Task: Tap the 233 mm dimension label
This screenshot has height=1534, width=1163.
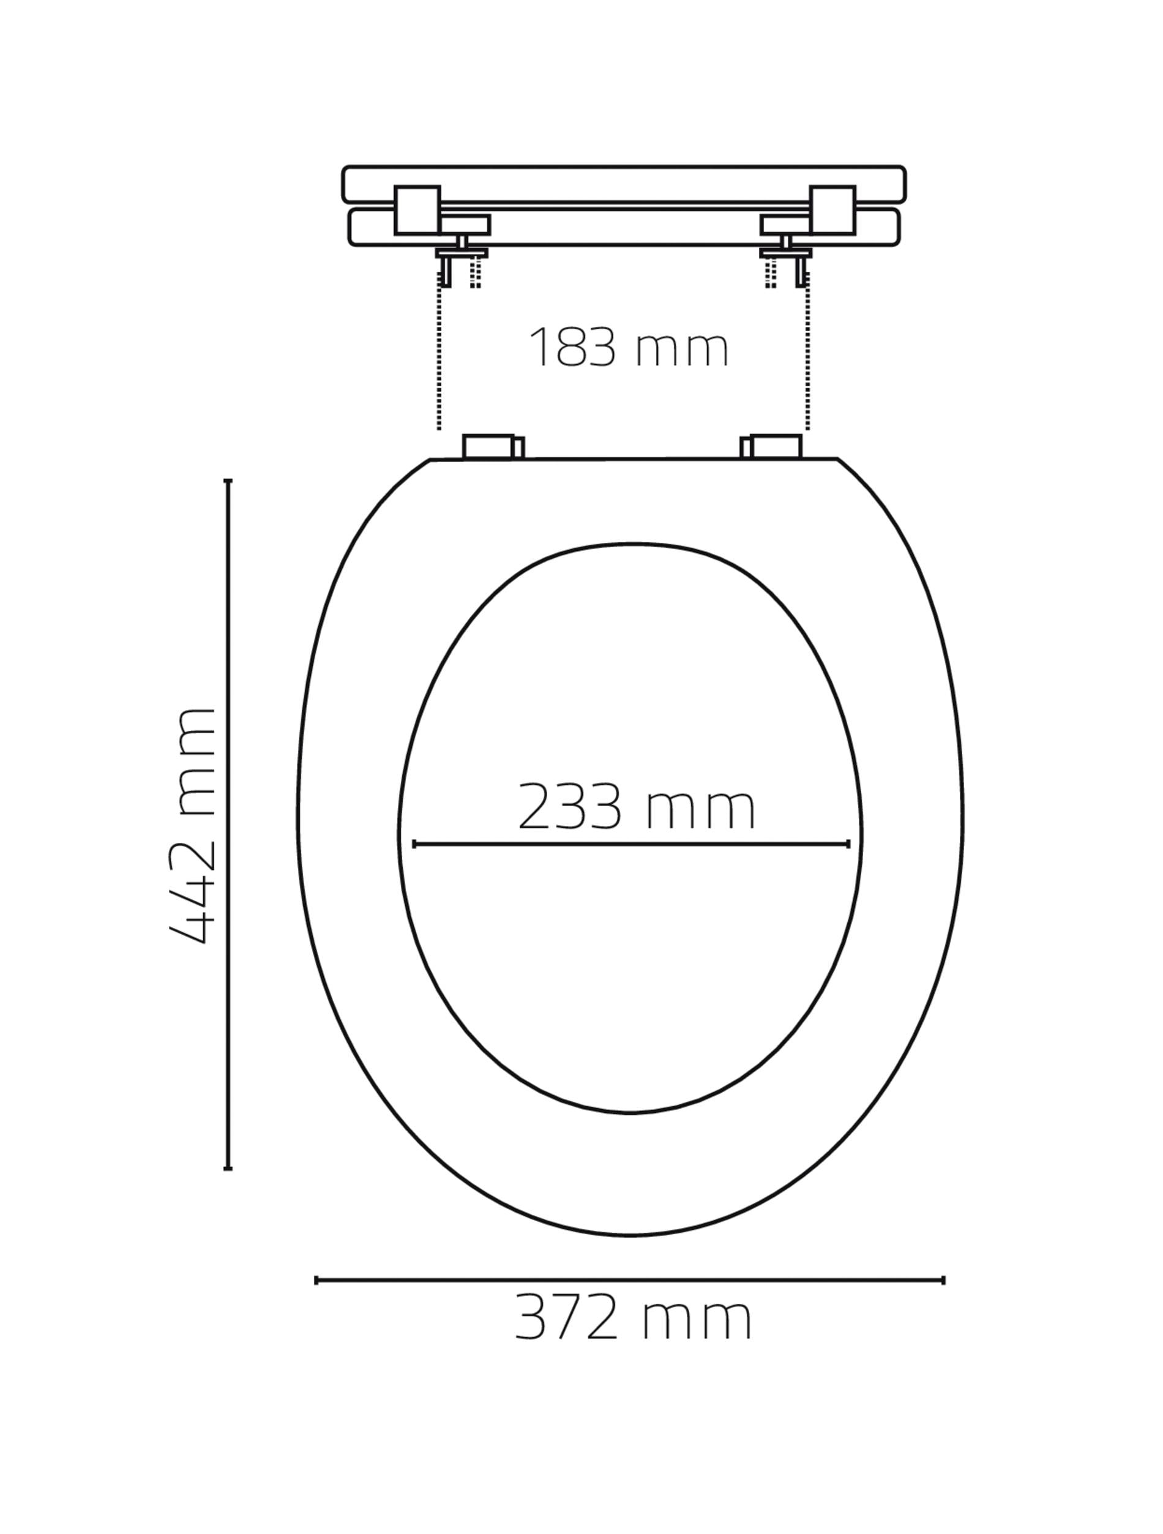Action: pyautogui.click(x=636, y=807)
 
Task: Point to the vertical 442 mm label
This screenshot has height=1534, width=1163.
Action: pyautogui.click(x=192, y=826)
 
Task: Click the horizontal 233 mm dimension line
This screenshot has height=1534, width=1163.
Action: pyautogui.click(x=631, y=844)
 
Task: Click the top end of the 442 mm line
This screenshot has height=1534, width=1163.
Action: pyautogui.click(x=228, y=481)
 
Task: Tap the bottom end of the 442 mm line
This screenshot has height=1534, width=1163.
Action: pyautogui.click(x=228, y=1169)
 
